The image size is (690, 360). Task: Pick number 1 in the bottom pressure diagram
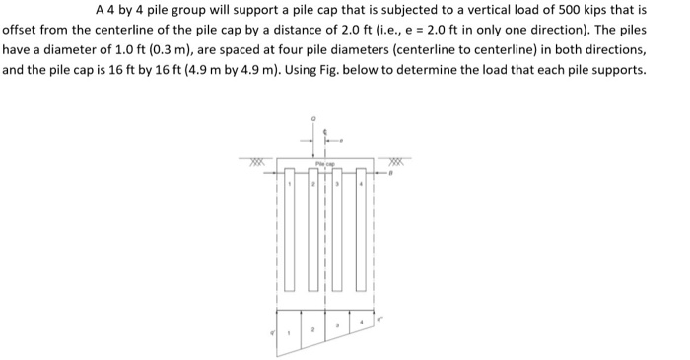[x=288, y=332]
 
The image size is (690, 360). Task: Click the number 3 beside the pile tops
[x=336, y=184]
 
